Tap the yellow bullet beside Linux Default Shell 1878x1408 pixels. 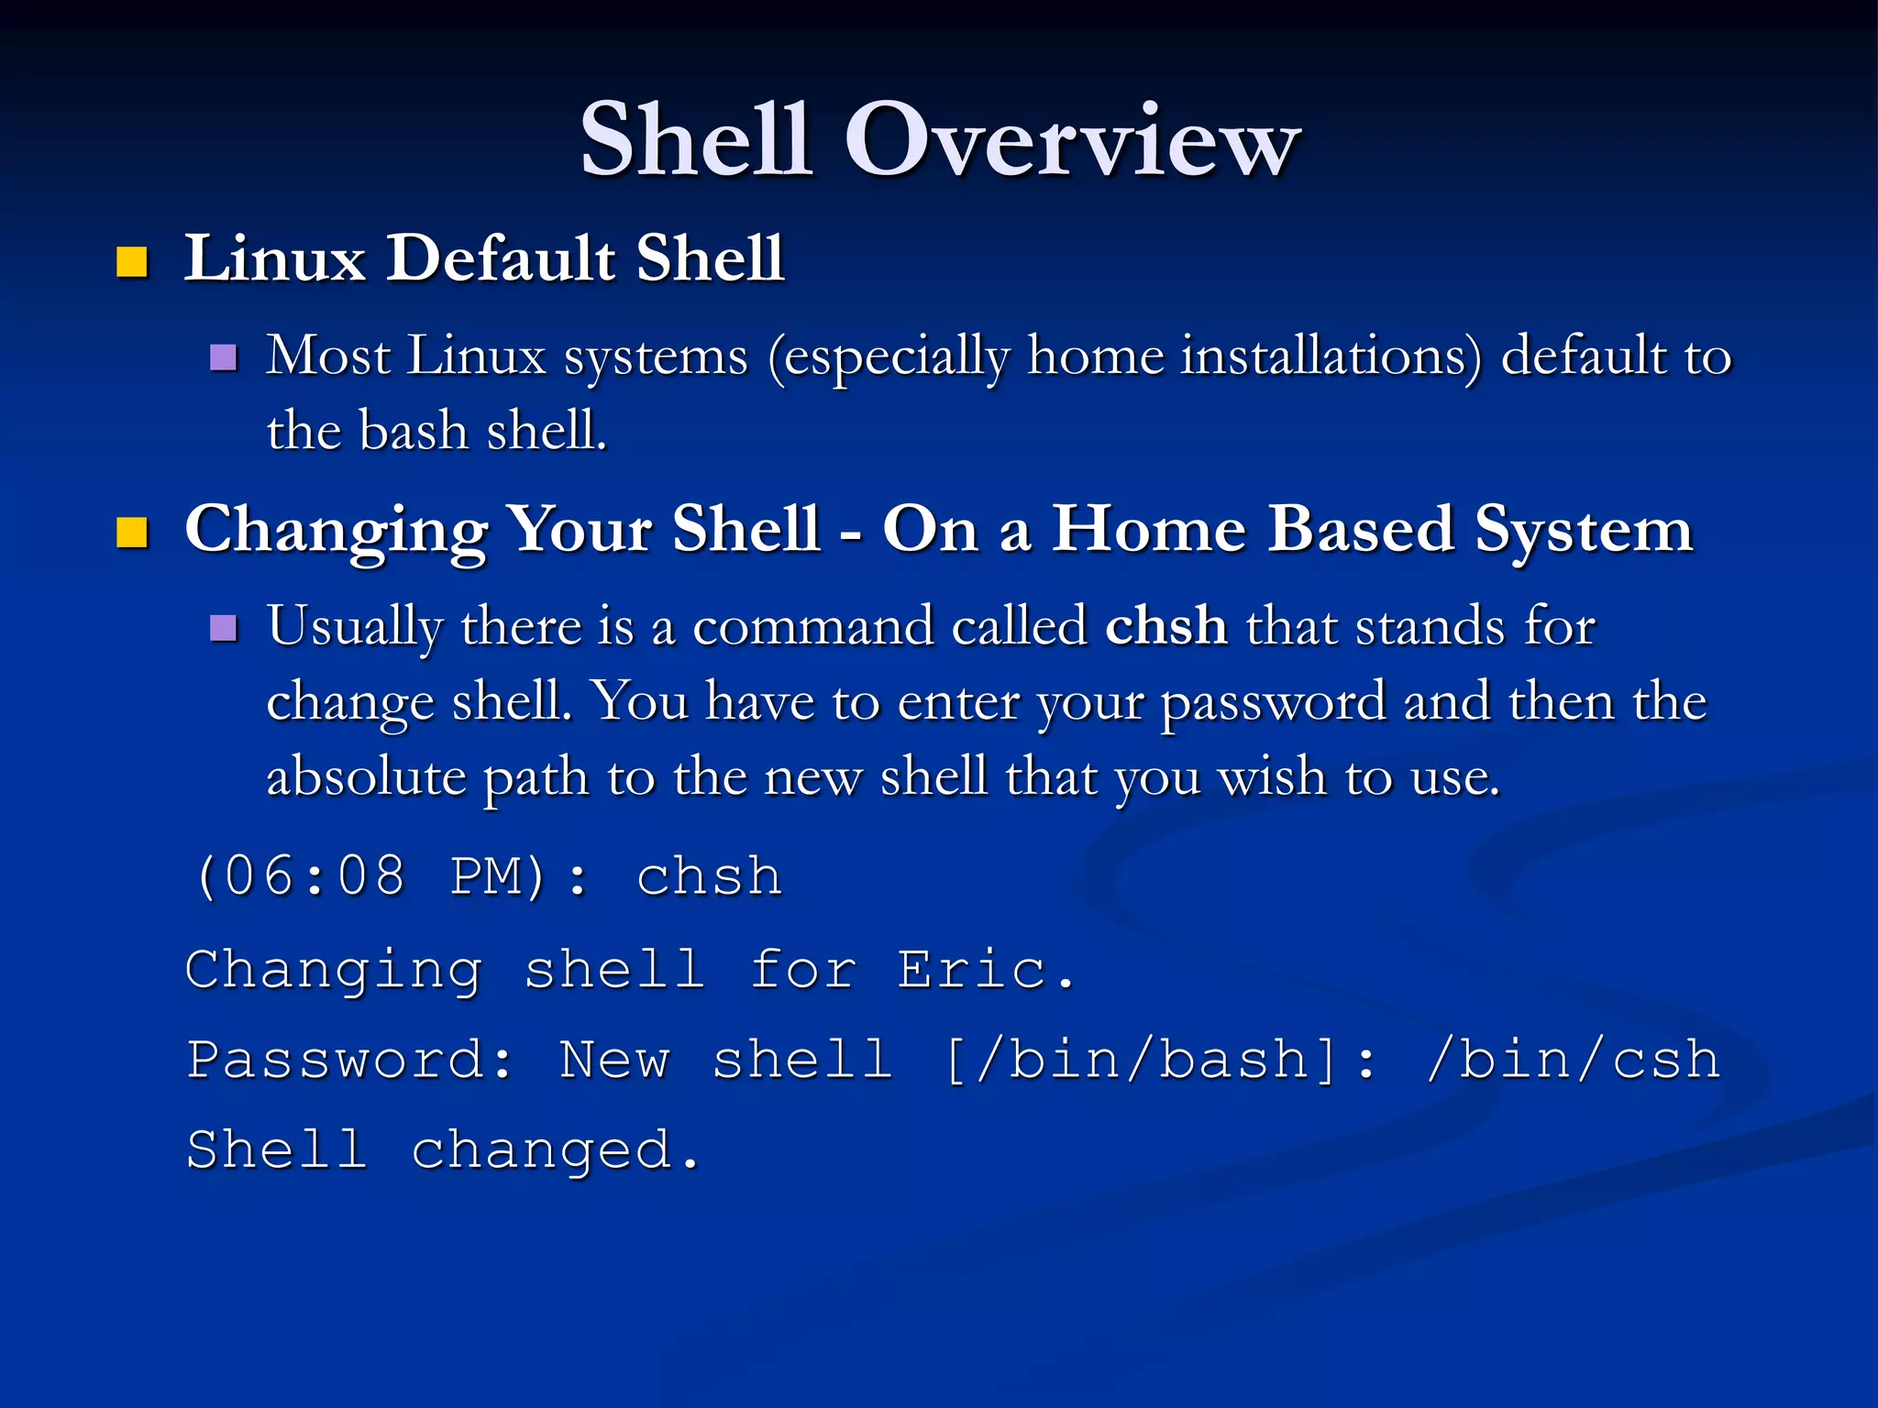click(132, 262)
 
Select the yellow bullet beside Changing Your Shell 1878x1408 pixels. click(132, 533)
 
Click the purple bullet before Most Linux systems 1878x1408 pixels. click(223, 357)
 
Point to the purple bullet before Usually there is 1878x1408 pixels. click(223, 628)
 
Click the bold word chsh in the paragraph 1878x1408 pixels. click(1165, 627)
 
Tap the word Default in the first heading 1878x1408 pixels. click(501, 258)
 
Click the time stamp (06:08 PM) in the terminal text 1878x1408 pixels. click(371, 876)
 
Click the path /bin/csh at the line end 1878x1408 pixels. click(1572, 1061)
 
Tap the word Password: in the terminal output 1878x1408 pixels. click(348, 1061)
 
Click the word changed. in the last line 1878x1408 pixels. click(555, 1151)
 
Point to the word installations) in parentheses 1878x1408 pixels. click(1331, 357)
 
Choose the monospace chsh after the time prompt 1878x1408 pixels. click(709, 876)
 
